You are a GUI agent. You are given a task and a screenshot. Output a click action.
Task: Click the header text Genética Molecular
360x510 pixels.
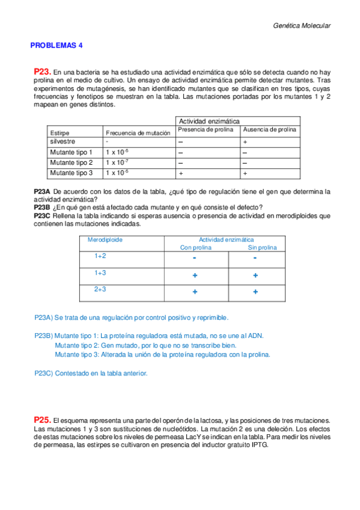coord(302,26)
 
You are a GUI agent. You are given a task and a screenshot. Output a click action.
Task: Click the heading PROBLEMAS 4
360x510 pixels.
coord(57,45)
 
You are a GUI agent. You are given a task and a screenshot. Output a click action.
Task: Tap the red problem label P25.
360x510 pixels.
coord(43,419)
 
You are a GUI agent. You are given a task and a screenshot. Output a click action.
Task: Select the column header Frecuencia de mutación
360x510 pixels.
coord(138,132)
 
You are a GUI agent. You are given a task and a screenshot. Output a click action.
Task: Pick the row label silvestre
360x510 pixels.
coord(63,141)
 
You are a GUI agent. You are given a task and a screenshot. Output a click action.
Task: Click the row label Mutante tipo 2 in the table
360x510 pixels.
coord(71,162)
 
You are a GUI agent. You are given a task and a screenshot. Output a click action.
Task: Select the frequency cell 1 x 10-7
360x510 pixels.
coord(117,162)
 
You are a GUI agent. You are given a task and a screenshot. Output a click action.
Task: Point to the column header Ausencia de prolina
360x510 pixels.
coord(269,129)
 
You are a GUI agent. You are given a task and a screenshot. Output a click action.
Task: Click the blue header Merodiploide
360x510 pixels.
coord(105,239)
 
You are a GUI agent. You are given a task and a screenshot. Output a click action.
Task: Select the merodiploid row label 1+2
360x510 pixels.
coord(100,256)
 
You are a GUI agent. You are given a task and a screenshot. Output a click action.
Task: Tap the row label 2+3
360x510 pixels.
coord(100,289)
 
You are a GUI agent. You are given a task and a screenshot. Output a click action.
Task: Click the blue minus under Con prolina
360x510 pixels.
coord(195,258)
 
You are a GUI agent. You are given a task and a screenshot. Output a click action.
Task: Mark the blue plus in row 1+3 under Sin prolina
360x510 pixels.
coord(255,275)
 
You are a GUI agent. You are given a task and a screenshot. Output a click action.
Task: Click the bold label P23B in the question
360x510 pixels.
coord(42,207)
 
